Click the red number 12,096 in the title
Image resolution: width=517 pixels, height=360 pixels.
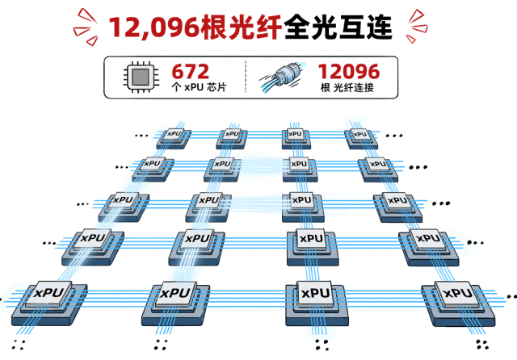154,27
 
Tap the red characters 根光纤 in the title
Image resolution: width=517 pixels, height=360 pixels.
241,27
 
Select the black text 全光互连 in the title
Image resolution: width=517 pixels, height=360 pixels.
338,27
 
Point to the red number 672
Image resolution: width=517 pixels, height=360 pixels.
191,72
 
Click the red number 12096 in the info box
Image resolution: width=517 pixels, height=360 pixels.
349,72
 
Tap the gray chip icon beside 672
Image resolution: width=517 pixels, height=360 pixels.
141,77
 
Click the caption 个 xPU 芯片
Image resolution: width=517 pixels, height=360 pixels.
199,87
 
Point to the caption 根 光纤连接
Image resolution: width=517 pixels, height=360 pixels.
347,88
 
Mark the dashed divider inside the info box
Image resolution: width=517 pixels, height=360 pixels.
246,77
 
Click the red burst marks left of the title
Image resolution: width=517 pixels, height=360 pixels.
86,27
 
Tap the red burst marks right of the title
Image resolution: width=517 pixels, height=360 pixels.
417,26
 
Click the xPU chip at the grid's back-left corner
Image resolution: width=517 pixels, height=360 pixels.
174,138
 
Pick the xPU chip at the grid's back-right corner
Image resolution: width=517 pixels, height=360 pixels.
361,138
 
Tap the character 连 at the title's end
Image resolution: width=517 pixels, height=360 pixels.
379,27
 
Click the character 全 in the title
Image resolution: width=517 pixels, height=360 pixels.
296,27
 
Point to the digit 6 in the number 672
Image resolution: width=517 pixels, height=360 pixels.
178,72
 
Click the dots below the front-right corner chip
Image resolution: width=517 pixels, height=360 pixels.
482,345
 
